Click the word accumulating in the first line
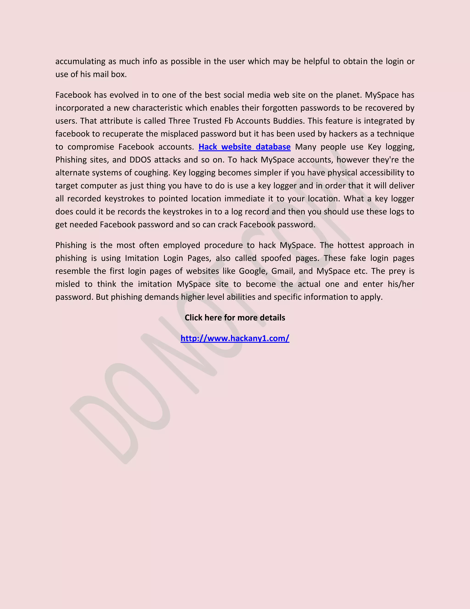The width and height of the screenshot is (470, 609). pos(80,61)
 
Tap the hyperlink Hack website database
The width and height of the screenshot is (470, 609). pos(244,147)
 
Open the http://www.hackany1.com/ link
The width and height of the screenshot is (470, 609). pos(235,338)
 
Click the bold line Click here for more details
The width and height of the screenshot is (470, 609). pos(235,318)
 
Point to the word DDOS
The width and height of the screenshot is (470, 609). pos(140,160)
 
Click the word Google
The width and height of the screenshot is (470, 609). pos(253,271)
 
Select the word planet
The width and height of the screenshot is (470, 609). pos(349,95)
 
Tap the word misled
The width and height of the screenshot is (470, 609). pos(68,284)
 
